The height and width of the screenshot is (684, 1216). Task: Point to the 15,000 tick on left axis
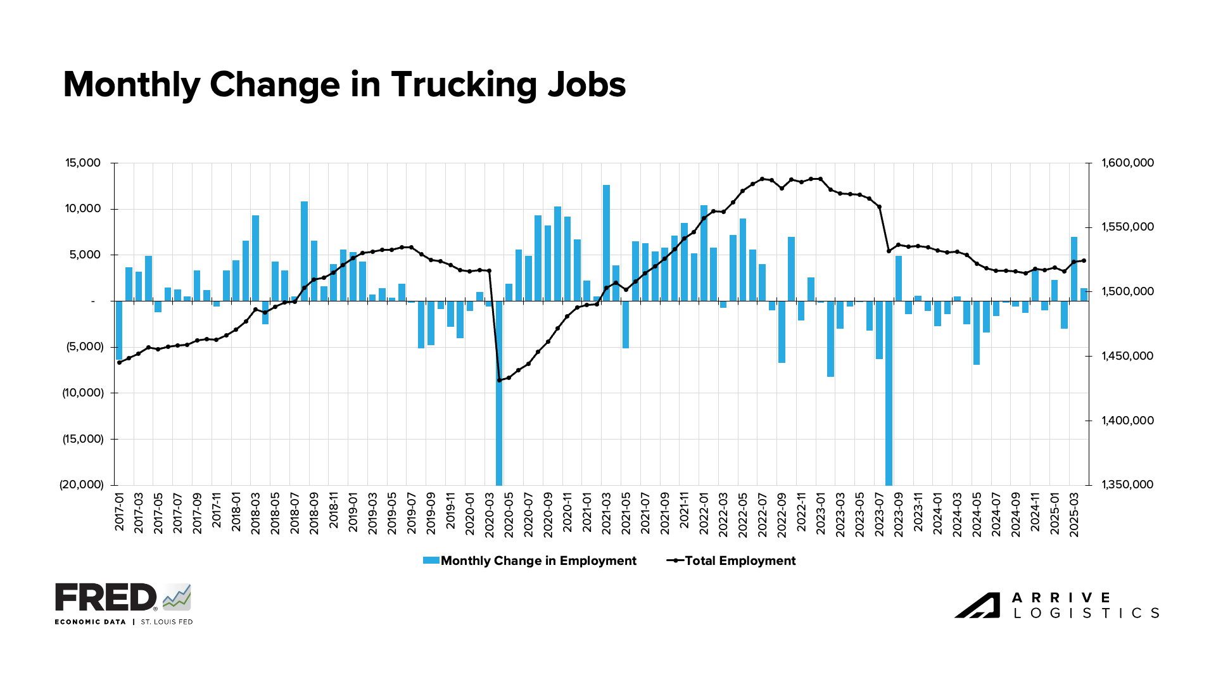coord(83,163)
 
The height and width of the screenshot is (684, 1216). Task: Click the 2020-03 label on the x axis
coord(490,514)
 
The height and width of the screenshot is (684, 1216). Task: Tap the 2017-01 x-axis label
coord(120,514)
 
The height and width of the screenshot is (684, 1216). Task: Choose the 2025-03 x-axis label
coord(1074,514)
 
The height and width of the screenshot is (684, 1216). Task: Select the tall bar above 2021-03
coord(606,241)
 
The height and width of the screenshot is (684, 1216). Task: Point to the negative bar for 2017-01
coord(119,329)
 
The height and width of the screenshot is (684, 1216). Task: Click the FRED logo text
coord(106,597)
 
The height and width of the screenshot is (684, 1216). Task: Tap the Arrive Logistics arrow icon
coord(977,605)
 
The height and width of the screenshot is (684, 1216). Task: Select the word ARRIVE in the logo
coord(1061,598)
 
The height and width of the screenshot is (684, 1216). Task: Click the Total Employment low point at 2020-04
coord(499,380)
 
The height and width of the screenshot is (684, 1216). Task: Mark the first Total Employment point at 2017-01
coord(119,362)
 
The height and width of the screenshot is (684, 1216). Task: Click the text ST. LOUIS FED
coord(167,622)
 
